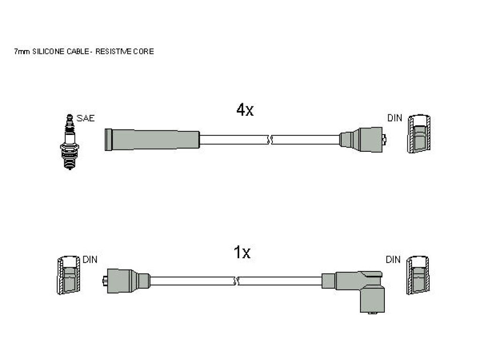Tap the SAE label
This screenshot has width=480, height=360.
[x=85, y=118]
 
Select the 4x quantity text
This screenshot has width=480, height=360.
[x=245, y=110]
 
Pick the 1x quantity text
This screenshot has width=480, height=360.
[x=242, y=253]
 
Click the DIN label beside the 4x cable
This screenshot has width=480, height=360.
[x=395, y=118]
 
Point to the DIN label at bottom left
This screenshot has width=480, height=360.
[x=90, y=260]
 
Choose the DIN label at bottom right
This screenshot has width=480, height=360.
[x=393, y=260]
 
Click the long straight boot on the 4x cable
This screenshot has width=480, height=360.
[x=152, y=140]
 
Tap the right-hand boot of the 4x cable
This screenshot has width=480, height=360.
[x=363, y=140]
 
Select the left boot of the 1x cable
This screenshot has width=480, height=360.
[x=126, y=281]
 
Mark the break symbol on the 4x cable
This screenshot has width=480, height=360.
[x=270, y=140]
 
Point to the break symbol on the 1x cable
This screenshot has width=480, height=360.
[x=236, y=281]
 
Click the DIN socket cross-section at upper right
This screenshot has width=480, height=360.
[x=419, y=134]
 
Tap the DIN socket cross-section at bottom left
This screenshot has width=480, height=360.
[x=68, y=275]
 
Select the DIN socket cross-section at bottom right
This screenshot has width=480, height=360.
[x=418, y=275]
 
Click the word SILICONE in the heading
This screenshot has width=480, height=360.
[x=48, y=52]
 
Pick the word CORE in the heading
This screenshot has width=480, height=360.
[x=143, y=52]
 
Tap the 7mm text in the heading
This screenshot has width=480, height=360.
[x=22, y=52]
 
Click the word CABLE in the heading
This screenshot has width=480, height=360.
[x=78, y=52]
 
